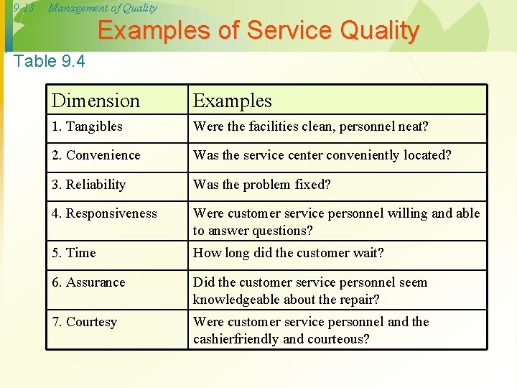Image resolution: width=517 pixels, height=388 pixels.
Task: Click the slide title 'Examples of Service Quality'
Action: (x=258, y=31)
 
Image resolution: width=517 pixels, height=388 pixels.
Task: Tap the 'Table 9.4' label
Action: (x=49, y=61)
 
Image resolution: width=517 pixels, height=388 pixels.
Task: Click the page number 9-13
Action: (x=24, y=8)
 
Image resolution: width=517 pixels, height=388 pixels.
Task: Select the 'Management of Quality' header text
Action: (x=102, y=8)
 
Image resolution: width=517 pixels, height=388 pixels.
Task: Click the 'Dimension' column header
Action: (x=96, y=101)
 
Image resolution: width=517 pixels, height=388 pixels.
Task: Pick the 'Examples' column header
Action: (x=232, y=101)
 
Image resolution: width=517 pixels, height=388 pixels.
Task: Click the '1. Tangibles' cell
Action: (x=87, y=126)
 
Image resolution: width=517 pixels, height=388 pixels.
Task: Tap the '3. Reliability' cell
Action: (x=88, y=185)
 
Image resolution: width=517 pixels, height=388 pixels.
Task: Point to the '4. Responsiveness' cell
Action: (x=104, y=213)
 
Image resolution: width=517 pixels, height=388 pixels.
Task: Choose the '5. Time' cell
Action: (x=73, y=253)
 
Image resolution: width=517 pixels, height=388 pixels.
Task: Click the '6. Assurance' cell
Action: (x=88, y=282)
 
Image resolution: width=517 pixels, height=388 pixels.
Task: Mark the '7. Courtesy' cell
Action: (x=84, y=322)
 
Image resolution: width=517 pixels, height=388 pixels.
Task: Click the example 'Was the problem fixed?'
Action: (x=261, y=185)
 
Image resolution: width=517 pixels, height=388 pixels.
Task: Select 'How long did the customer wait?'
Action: (x=288, y=253)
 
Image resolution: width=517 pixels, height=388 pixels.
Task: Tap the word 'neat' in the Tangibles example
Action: (x=412, y=126)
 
